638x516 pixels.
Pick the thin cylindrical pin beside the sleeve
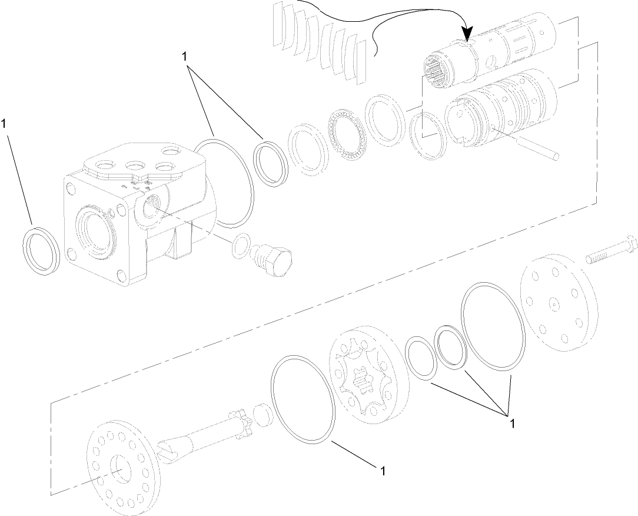[524, 144]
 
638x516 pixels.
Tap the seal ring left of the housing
[41, 249]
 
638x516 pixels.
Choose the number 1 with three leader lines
[513, 423]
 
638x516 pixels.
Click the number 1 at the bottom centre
[383, 471]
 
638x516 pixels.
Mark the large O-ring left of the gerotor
[303, 398]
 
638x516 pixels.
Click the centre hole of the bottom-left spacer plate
[122, 468]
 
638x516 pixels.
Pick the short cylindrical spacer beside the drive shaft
[264, 415]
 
